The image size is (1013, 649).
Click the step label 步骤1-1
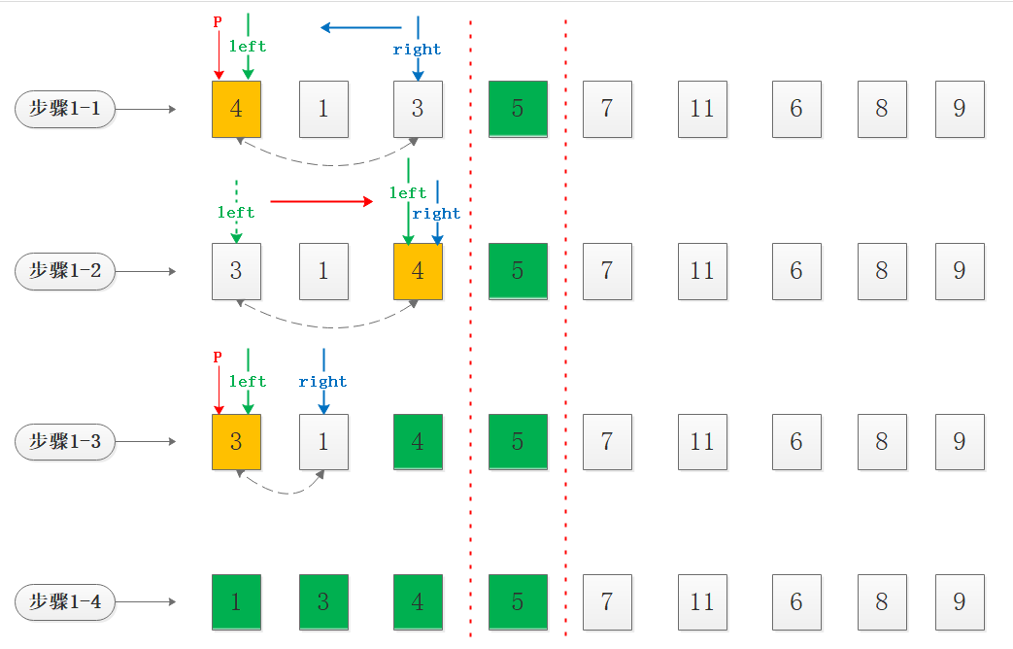click(65, 109)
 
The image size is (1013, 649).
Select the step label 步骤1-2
click(65, 271)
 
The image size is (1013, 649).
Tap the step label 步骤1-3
click(65, 442)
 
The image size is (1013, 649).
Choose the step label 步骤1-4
click(65, 602)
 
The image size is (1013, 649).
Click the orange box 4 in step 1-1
click(237, 109)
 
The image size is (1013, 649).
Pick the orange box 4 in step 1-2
click(418, 271)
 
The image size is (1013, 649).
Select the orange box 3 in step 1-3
click(237, 442)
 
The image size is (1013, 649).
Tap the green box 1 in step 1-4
click(237, 602)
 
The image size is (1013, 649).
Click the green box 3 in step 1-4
click(323, 602)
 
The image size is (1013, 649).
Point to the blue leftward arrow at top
click(361, 27)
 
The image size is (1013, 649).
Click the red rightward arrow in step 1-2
click(321, 201)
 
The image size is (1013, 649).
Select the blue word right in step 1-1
click(418, 50)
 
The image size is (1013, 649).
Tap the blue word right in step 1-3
click(323, 382)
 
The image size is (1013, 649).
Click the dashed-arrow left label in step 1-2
click(236, 212)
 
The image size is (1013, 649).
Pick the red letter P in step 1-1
click(218, 21)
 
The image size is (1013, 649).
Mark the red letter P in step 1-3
click(218, 358)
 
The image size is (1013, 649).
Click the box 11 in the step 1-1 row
click(702, 109)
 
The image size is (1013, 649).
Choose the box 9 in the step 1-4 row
click(960, 602)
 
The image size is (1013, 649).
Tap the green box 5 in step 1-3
click(518, 442)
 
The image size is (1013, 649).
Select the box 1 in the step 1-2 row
click(323, 271)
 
